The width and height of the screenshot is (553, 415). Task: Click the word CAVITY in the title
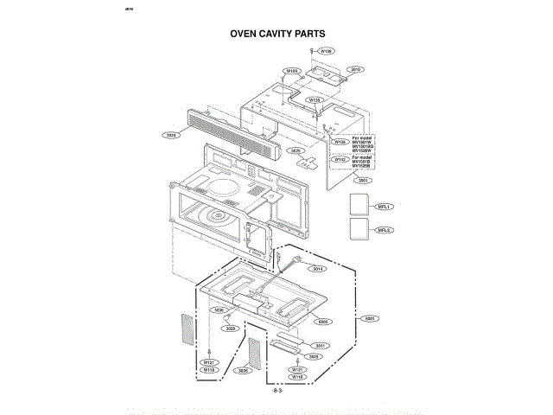pyautogui.click(x=273, y=35)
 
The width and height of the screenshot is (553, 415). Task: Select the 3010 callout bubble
pyautogui.click(x=355, y=69)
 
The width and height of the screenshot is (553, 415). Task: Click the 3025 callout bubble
pyautogui.click(x=296, y=150)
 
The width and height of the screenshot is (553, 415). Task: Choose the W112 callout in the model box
pyautogui.click(x=340, y=159)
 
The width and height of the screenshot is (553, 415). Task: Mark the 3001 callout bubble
pyautogui.click(x=363, y=181)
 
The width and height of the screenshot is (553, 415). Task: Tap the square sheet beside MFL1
pyautogui.click(x=359, y=204)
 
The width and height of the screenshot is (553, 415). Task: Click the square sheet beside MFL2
pyautogui.click(x=359, y=230)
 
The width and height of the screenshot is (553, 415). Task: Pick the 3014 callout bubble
pyautogui.click(x=318, y=269)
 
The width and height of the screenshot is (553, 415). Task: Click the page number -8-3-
pyautogui.click(x=277, y=392)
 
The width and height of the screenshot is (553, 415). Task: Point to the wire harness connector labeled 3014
pyautogui.click(x=298, y=259)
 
